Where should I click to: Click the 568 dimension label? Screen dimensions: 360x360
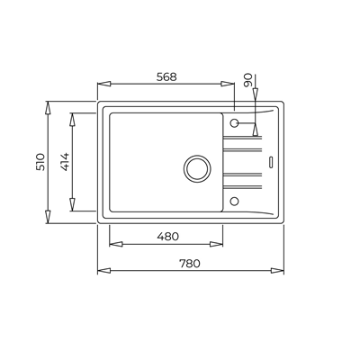click(166, 77)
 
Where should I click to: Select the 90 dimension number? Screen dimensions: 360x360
click(248, 80)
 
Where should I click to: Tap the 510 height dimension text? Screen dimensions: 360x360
click(40, 162)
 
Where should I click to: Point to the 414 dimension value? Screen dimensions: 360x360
click(65, 162)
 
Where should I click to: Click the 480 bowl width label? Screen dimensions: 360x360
click(167, 237)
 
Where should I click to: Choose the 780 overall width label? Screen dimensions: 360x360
click(190, 264)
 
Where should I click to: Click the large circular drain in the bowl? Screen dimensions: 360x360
click(197, 168)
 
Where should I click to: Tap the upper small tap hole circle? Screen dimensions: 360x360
click(234, 122)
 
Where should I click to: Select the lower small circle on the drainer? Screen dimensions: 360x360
click(234, 201)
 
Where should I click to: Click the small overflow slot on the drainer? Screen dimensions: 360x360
click(271, 161)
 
